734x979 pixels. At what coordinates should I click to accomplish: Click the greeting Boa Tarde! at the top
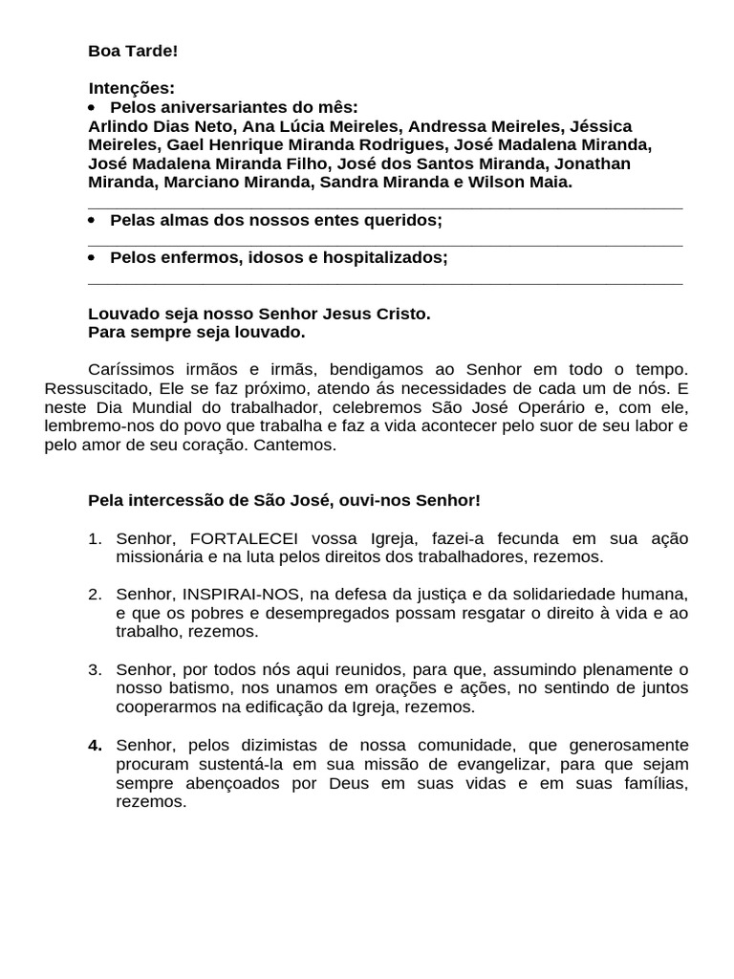click(133, 51)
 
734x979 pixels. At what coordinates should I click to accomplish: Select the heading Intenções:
click(132, 88)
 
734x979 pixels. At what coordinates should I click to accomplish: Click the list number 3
click(95, 669)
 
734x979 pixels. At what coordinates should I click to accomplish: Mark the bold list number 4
click(95, 745)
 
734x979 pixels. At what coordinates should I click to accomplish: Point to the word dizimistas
click(282, 745)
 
